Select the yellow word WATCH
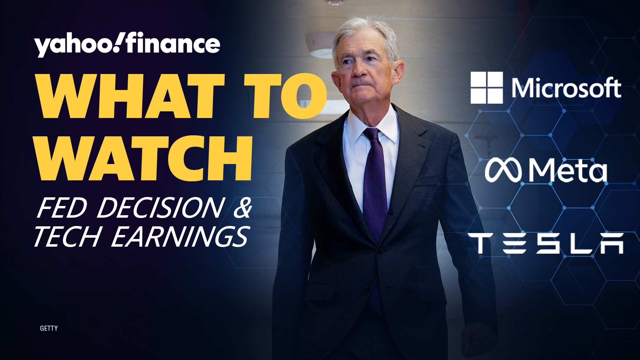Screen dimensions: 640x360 tap(144, 158)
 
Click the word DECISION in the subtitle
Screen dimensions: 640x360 tap(161, 208)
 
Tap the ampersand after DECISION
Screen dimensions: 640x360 tap(243, 208)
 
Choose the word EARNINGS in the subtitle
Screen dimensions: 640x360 tap(180, 236)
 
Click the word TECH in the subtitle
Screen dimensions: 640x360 tap(68, 236)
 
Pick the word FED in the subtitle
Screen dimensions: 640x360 tap(62, 208)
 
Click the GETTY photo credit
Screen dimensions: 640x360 tap(49, 328)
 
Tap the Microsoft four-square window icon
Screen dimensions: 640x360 tap(487, 88)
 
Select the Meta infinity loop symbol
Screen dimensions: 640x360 tap(503, 170)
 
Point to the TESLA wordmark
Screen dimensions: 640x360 tap(546, 243)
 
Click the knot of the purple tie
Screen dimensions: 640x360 tap(372, 135)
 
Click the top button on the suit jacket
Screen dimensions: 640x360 tap(380, 250)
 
